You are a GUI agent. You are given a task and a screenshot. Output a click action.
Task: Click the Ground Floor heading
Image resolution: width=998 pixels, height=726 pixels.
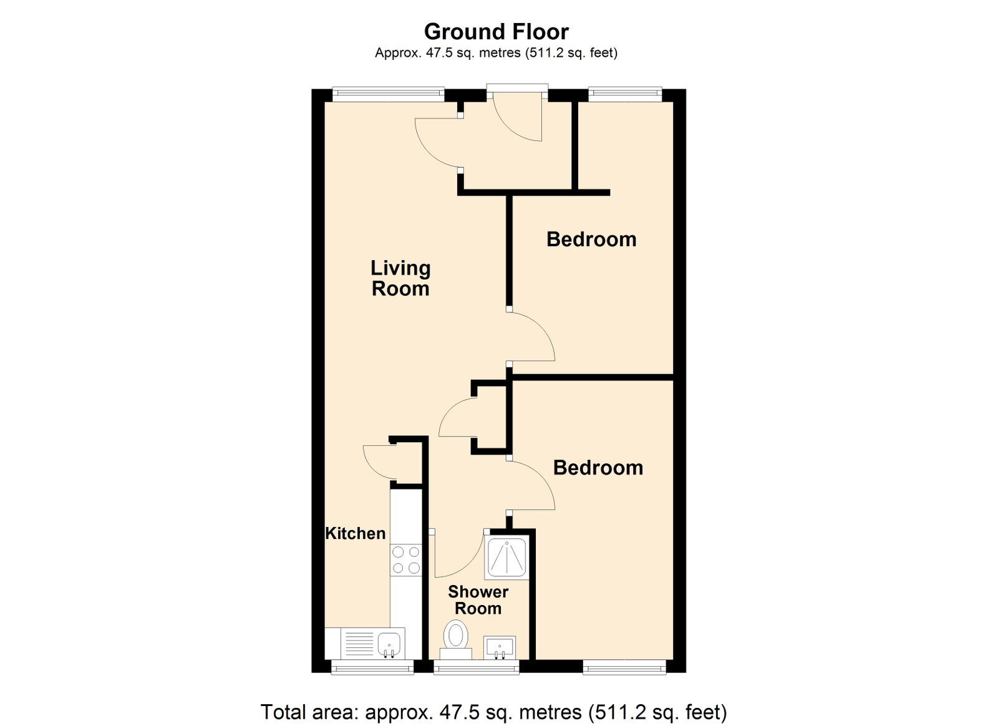[x=496, y=32]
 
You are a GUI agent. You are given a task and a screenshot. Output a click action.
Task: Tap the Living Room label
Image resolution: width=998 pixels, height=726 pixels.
[x=400, y=278]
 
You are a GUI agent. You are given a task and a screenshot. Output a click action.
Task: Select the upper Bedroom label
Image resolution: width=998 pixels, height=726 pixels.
[x=591, y=239]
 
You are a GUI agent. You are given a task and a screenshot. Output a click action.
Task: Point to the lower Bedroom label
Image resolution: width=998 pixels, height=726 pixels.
[x=598, y=468]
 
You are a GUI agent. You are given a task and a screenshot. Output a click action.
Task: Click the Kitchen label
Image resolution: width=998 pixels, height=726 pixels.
[x=355, y=533]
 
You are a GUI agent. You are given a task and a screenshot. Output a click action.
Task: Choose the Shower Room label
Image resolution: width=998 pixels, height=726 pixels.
[x=478, y=600]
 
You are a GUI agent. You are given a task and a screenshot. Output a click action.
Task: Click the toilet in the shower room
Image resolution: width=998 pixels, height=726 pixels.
[x=456, y=640]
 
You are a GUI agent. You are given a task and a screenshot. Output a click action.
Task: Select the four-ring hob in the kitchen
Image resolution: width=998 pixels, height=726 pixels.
[x=406, y=560]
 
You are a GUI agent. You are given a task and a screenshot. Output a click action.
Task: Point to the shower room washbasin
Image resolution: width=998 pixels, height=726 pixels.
[x=500, y=647]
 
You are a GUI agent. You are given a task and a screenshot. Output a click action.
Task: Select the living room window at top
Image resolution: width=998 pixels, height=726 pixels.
[x=389, y=93]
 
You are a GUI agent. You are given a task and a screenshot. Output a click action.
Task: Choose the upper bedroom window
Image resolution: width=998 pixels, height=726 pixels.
[x=625, y=93]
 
